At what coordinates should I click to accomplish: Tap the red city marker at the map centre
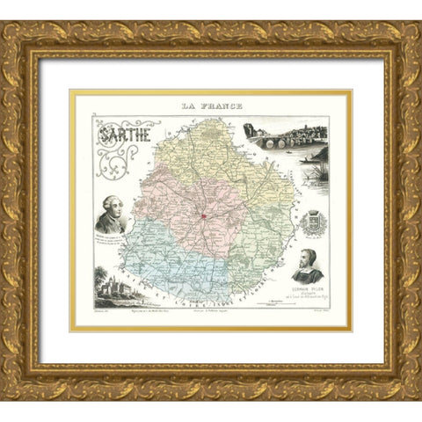click(x=203, y=215)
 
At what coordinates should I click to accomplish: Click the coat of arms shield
click(x=314, y=222)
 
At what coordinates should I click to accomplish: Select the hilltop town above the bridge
click(x=299, y=130)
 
